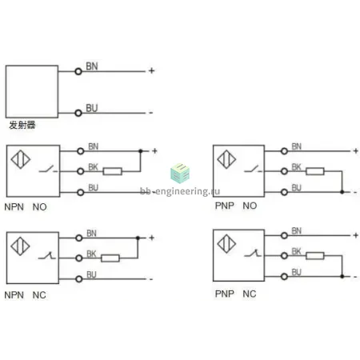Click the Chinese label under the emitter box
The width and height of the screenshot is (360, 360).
[22, 125]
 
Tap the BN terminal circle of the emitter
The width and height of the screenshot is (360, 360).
[78, 71]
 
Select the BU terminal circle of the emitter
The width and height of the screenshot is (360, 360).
[78, 113]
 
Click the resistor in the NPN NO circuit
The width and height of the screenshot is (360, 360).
[112, 171]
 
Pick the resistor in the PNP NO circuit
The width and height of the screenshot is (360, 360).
[315, 171]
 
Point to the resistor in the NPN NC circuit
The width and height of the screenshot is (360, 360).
[110, 258]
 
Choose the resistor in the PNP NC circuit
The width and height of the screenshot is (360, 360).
[315, 256]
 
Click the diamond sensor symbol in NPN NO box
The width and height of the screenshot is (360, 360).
[21, 159]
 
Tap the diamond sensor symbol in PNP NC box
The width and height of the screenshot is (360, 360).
[226, 244]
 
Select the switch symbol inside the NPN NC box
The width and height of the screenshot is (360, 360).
[47, 256]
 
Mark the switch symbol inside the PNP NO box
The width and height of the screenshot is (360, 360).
[253, 169]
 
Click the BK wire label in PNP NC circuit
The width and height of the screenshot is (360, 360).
[296, 251]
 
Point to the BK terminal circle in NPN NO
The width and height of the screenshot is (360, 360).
[81, 171]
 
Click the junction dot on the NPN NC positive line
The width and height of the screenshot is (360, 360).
[138, 238]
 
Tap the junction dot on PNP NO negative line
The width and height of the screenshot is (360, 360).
[342, 192]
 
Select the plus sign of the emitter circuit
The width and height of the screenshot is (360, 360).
[151, 70]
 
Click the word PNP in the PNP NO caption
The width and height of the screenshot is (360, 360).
[225, 206]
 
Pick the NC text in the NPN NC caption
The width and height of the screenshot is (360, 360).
[39, 295]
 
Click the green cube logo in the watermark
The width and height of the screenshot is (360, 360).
[180, 174]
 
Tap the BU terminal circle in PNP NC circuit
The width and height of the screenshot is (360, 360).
[284, 277]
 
